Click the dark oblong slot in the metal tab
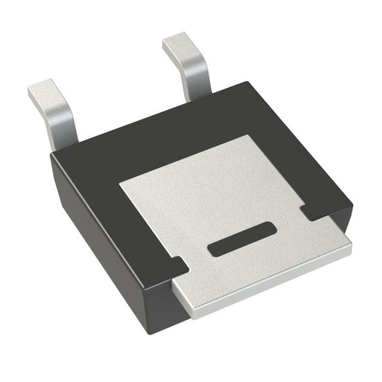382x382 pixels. click(x=241, y=239)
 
